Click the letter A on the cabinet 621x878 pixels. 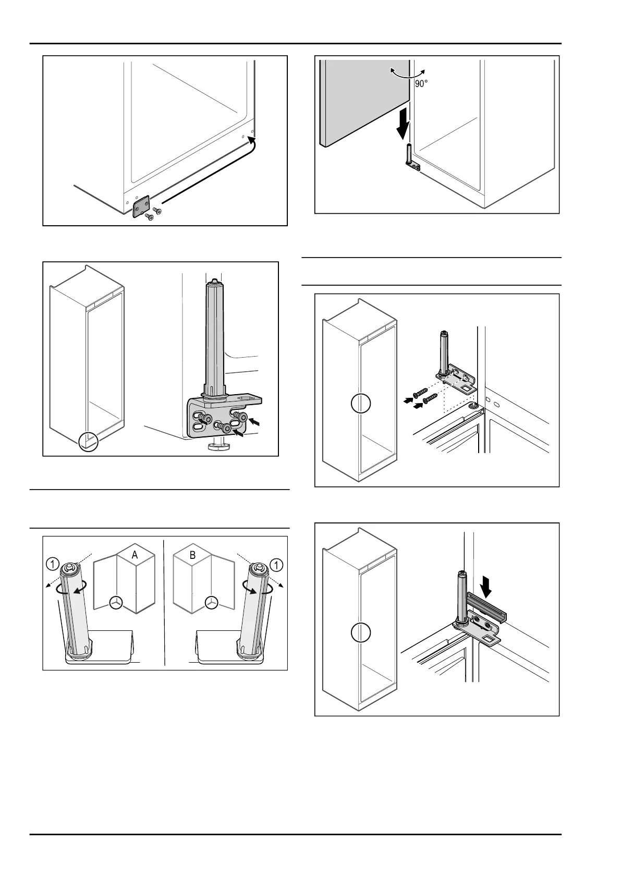(x=135, y=555)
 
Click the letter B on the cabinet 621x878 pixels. (x=192, y=555)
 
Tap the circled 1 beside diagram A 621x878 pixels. (x=52, y=564)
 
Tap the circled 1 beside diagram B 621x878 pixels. (x=276, y=564)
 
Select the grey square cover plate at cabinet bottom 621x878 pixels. (x=141, y=206)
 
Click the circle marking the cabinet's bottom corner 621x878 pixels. (x=88, y=442)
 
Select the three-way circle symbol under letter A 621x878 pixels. (x=116, y=602)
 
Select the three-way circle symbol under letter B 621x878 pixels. (x=211, y=602)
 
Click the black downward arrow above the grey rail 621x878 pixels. (x=486, y=586)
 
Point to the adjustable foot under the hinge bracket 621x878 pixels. (x=214, y=446)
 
